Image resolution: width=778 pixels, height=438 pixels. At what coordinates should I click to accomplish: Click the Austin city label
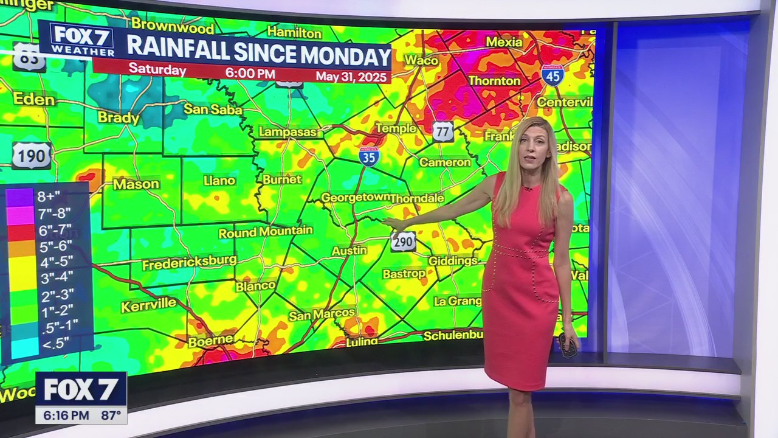(349, 251)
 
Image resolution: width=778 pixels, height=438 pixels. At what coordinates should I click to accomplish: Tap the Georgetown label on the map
(356, 198)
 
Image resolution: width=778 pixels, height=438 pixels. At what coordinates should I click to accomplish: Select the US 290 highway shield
(403, 242)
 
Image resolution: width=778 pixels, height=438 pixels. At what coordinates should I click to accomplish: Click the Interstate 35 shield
(369, 156)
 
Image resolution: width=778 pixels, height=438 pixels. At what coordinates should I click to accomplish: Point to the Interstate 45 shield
(553, 74)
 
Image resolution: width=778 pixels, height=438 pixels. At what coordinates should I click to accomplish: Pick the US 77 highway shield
(443, 131)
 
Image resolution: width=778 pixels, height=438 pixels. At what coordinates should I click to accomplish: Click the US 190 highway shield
(31, 155)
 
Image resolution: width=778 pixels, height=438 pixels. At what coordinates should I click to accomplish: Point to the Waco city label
(421, 60)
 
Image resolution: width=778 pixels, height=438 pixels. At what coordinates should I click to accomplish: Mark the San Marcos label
(322, 315)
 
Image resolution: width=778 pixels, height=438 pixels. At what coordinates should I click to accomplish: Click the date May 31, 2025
(351, 77)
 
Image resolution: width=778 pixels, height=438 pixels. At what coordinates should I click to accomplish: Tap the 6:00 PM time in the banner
(250, 74)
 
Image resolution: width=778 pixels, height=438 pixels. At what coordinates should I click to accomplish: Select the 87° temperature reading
(110, 416)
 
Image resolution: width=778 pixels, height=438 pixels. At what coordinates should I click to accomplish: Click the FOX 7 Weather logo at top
(81, 40)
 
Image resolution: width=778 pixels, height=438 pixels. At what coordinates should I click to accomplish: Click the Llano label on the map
(219, 181)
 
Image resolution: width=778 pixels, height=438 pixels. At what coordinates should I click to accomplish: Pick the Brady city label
(119, 117)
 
